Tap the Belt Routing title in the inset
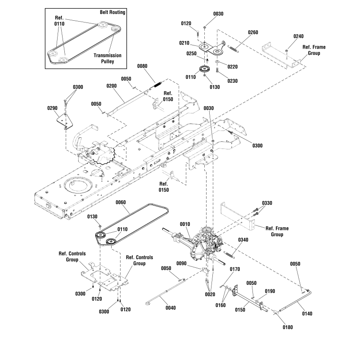pos(112,13)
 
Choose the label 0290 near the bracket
pos(52,108)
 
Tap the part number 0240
pos(298,36)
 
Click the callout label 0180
pos(288,327)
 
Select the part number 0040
pos(170,308)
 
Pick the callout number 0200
pos(111,85)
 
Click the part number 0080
pos(142,66)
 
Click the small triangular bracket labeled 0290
pos(66,121)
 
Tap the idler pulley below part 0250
pos(205,70)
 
